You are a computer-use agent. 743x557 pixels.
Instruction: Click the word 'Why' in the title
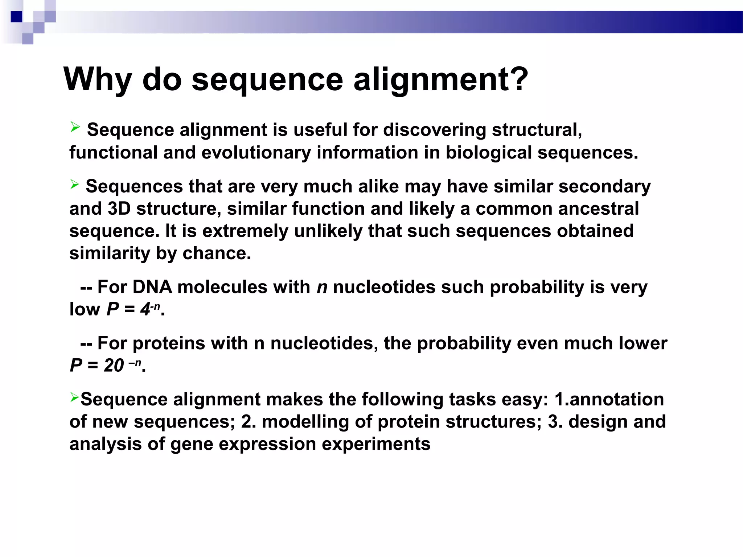(x=97, y=79)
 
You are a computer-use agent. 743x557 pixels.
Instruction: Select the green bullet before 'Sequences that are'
(x=74, y=184)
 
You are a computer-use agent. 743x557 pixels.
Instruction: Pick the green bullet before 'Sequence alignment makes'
(x=74, y=397)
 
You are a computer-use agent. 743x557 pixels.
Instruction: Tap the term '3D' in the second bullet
(x=119, y=209)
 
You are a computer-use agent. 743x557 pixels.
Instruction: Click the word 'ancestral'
(x=598, y=209)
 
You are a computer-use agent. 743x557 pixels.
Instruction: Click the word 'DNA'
(x=152, y=287)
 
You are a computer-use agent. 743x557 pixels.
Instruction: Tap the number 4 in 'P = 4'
(x=145, y=309)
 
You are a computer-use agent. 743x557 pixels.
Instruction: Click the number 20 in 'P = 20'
(x=114, y=366)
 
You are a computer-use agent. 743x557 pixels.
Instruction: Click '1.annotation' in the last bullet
(x=609, y=400)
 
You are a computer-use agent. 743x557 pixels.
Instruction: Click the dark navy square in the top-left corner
(x=17, y=17)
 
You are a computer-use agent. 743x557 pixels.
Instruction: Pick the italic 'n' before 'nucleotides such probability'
(x=322, y=287)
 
